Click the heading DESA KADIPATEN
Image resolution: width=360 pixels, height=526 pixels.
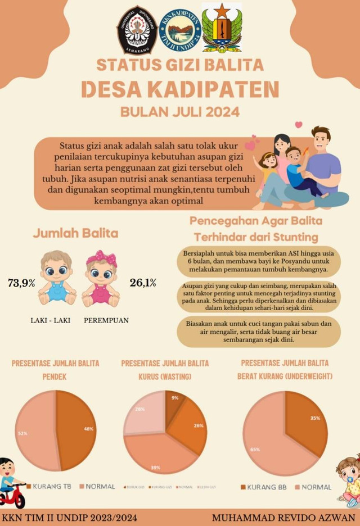[180, 90]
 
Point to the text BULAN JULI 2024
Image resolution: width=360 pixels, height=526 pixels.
[180, 111]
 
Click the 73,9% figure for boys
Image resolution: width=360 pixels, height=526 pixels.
[22, 283]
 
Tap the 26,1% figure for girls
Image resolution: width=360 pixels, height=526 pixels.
[143, 283]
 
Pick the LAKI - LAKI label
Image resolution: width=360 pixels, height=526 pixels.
[49, 321]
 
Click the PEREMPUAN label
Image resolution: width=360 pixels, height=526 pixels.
[106, 321]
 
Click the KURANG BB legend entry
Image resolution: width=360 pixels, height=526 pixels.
[264, 487]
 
